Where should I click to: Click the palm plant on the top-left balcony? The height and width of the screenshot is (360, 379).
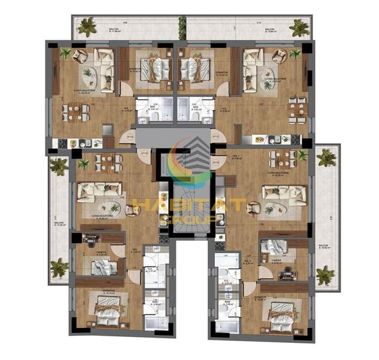point(86,26)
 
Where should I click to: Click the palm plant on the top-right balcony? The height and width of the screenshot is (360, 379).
point(298,27)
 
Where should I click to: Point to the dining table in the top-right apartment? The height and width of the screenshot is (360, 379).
point(296,109)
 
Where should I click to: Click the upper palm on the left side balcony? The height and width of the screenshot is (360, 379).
point(58,166)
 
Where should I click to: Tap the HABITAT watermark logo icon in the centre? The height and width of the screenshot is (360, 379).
point(190,160)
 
